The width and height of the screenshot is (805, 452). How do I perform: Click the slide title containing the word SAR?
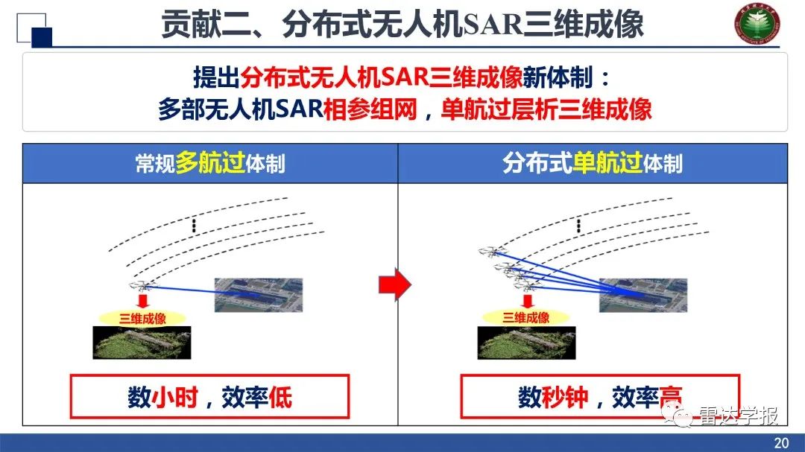402,25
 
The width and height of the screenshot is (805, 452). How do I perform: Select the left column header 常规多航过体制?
210,164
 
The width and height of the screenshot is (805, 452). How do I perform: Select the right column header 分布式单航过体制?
593,164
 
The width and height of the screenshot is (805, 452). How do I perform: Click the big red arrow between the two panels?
395,284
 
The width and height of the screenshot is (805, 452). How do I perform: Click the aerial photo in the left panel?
259,295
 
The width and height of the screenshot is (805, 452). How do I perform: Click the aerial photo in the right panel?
643,295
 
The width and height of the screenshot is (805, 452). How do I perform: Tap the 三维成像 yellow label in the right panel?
526,317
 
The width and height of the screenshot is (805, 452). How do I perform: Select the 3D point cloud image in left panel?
142,343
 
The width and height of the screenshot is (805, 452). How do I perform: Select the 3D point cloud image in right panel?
525,343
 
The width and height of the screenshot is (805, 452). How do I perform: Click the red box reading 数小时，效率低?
209,397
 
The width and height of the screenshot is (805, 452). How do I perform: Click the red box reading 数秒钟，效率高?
600,397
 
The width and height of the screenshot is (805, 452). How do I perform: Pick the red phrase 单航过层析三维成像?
546,110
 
